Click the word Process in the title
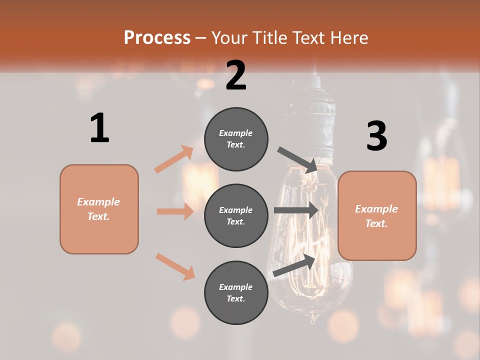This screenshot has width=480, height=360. point(157,38)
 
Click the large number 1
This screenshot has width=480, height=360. point(99,128)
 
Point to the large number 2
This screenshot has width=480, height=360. point(236,75)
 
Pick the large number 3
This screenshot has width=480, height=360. point(376,136)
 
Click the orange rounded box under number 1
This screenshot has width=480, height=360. point(99,209)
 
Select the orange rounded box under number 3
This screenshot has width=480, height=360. point(377,216)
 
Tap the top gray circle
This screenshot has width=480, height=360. point(236,139)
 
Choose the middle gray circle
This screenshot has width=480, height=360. point(236,215)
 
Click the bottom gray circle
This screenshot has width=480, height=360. point(236,292)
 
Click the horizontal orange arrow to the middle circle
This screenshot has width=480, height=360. point(175,211)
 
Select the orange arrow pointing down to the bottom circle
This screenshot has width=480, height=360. point(175,266)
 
